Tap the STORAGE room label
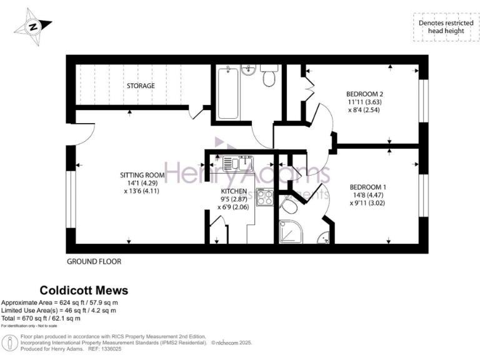coord(141,86)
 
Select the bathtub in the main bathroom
coord(227,94)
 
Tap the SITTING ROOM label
coord(142,175)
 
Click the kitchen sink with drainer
coord(237,164)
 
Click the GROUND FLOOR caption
coord(94,261)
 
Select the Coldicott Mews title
coord(84,290)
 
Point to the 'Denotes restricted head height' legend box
coord(442,27)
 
